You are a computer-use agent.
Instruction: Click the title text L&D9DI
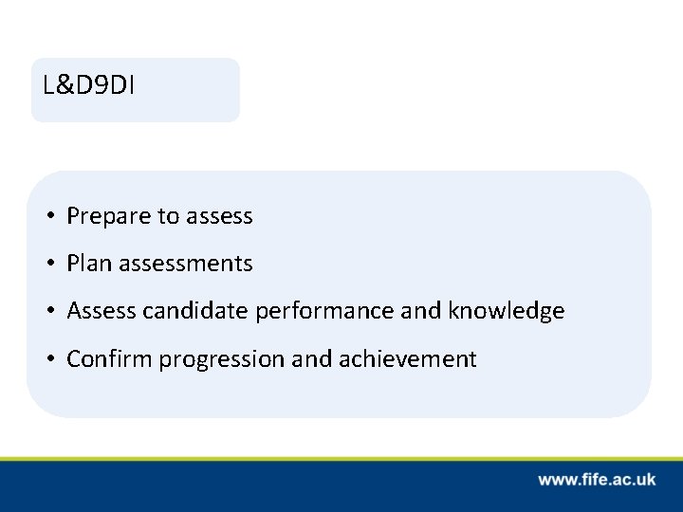88,85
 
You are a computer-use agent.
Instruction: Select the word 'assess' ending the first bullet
219,217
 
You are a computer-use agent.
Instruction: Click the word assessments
184,264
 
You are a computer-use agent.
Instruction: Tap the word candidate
184,311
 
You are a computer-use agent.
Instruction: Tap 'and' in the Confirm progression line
290,358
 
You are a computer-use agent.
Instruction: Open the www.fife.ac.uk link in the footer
597,480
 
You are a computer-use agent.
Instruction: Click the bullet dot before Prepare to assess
48,217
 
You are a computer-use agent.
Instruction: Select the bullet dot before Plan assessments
48,264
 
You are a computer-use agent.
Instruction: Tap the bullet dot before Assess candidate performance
48,311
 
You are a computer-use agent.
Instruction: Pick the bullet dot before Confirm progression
48,358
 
